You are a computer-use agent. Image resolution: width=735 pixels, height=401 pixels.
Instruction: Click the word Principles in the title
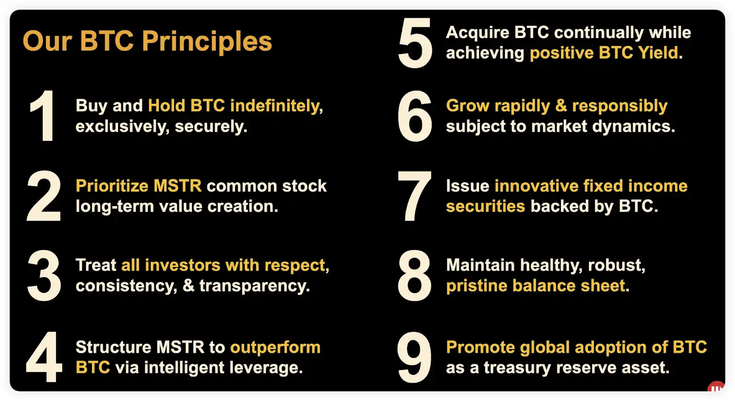point(207,42)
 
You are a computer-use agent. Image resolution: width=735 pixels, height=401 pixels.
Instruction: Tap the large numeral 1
point(43,116)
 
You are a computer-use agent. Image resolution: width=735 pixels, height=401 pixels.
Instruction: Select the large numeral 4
point(44,357)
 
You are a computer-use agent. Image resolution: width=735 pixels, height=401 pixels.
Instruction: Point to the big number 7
point(414,196)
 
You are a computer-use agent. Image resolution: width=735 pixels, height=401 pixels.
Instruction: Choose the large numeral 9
point(414,357)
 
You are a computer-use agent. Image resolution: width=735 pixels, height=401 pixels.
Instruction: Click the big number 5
point(415,43)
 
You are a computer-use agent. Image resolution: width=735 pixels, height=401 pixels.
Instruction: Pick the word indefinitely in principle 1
point(276,106)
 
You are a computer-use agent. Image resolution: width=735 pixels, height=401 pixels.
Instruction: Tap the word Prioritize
point(112,186)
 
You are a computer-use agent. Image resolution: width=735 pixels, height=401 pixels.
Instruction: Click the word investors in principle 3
point(182,265)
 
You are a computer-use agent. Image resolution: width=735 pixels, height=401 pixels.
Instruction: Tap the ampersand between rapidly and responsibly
point(561,106)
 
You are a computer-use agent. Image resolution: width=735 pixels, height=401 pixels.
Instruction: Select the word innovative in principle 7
point(536,186)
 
